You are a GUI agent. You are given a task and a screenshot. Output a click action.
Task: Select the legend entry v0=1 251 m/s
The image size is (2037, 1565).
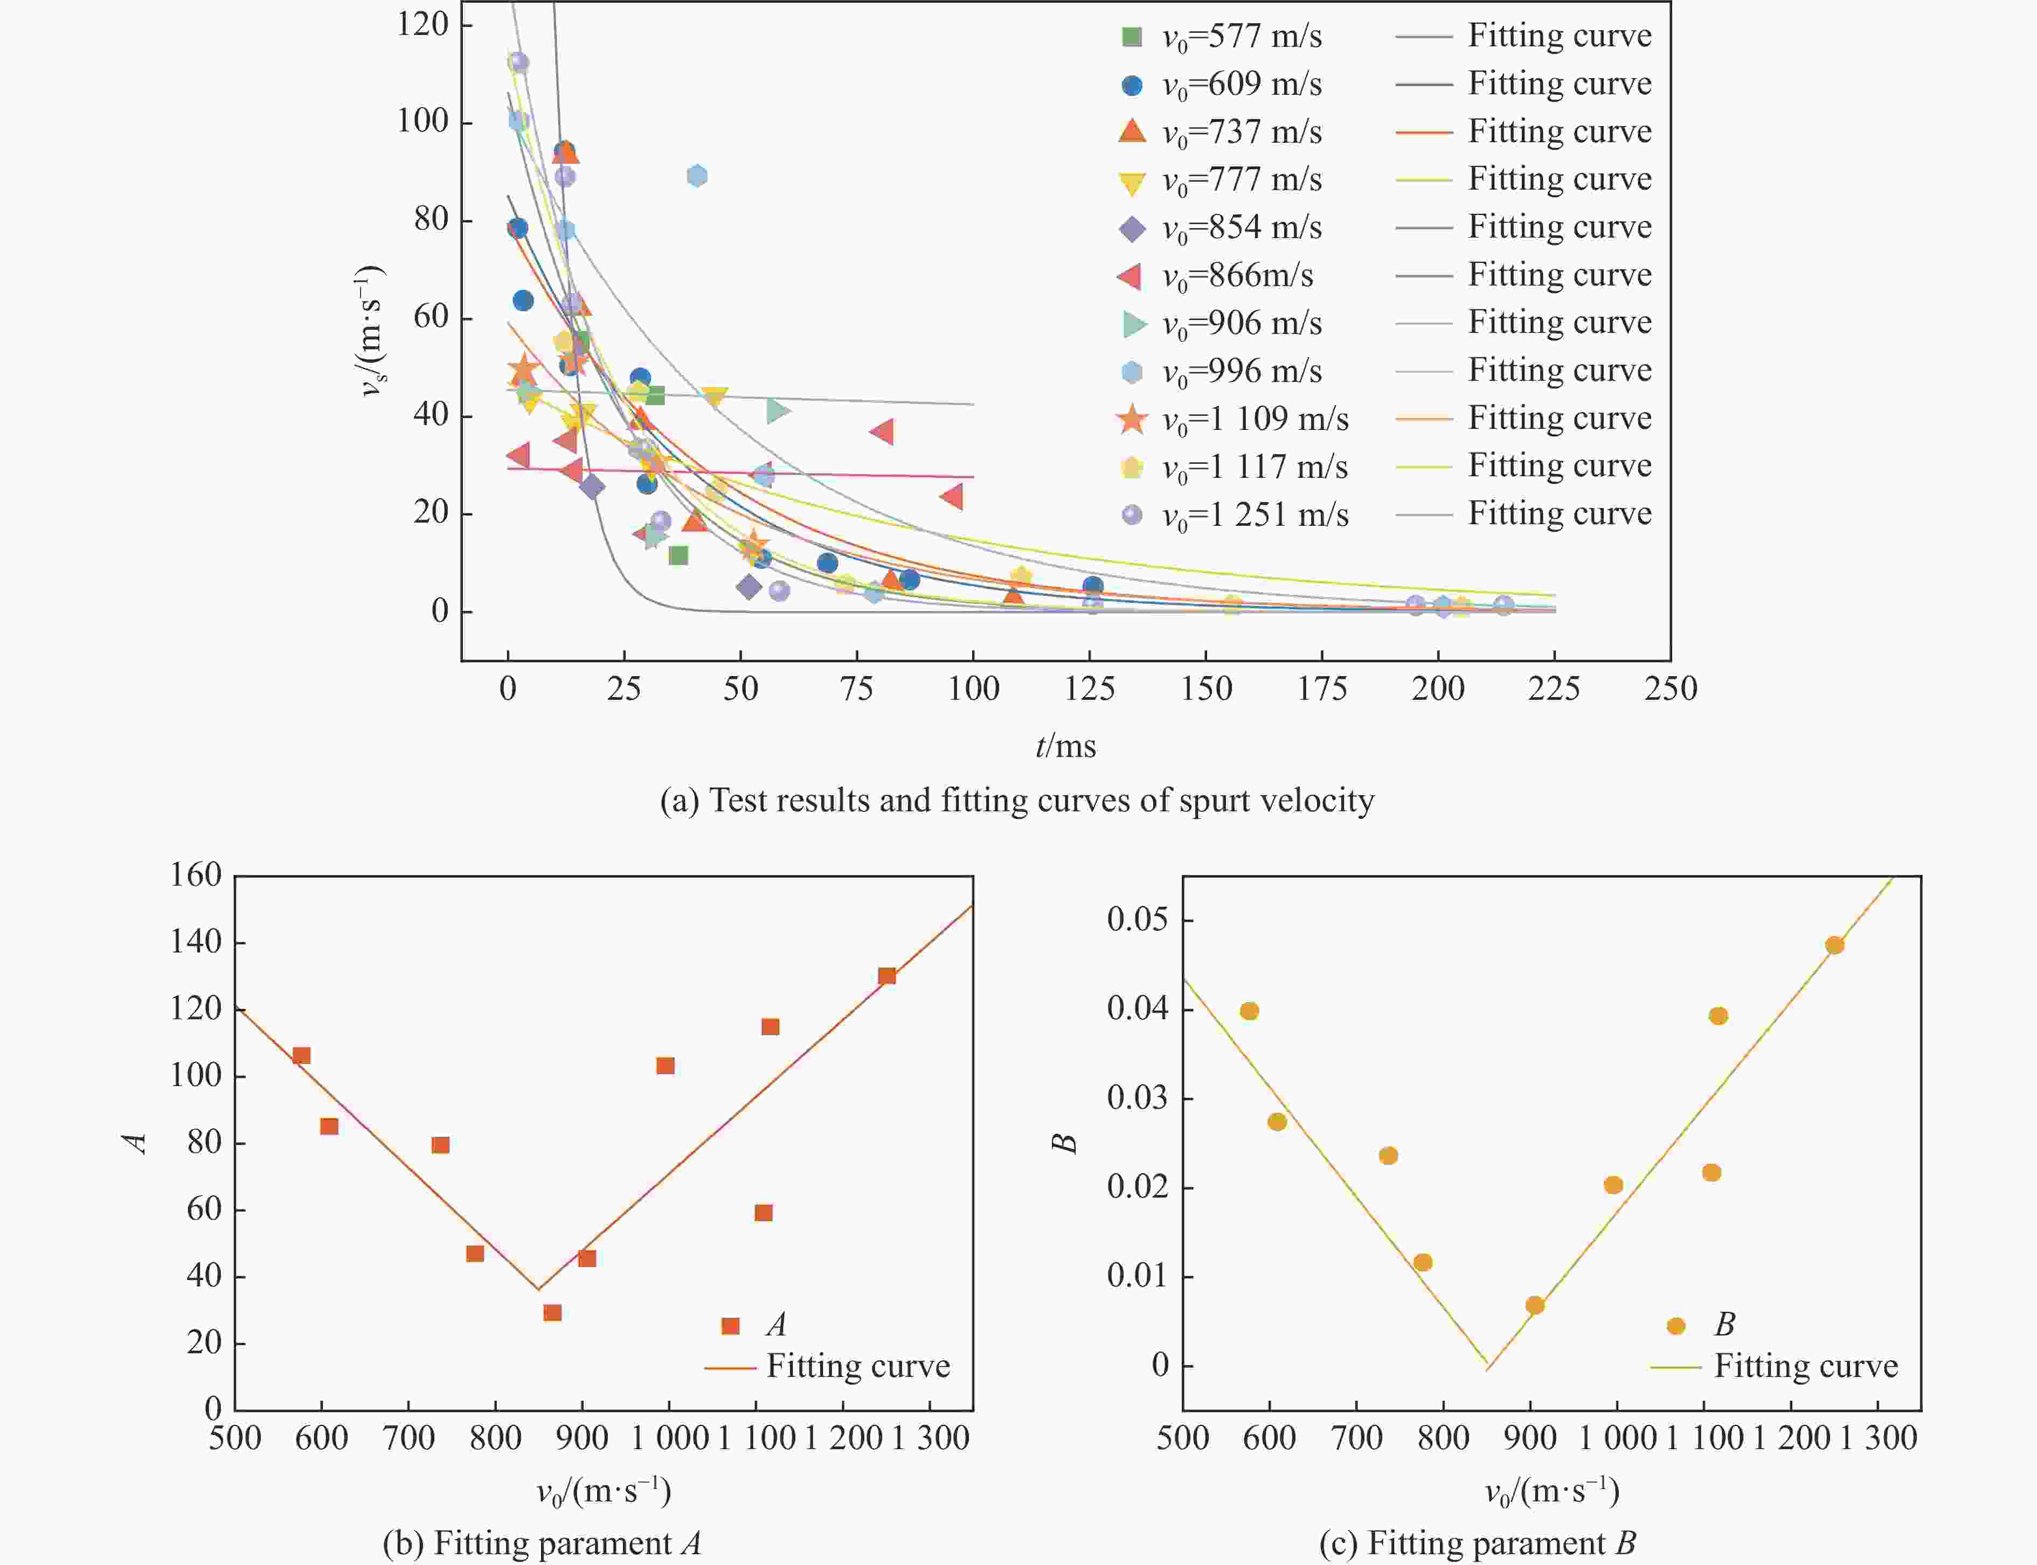coord(1254,515)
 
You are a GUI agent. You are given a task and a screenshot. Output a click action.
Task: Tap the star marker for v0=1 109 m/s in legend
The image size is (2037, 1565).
coord(1132,419)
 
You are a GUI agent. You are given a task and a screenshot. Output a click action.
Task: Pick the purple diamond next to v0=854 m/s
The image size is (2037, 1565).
coord(1132,228)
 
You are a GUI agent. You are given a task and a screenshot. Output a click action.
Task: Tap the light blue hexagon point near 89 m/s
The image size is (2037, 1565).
coord(696,176)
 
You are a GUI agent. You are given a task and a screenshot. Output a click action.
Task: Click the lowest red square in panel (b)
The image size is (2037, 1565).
coord(552,1312)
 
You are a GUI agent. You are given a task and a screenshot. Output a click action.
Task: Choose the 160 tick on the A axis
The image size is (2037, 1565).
coord(196,875)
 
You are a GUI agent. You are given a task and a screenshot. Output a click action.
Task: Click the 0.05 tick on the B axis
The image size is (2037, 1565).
coord(1137,920)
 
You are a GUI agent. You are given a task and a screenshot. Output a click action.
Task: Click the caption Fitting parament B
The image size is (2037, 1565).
coord(1477,1543)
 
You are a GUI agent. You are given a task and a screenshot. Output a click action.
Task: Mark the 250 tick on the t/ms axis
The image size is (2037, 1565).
coord(1671,690)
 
